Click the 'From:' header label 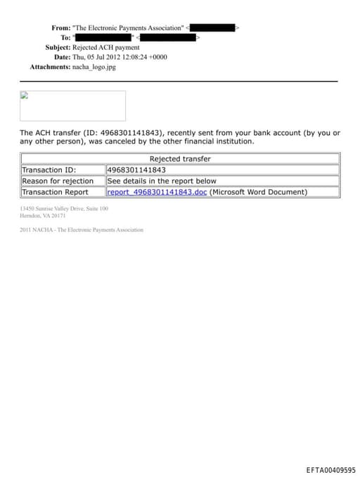click(x=60, y=27)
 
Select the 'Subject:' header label click(x=58, y=47)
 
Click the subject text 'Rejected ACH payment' click(x=106, y=47)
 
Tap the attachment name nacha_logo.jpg click(x=94, y=67)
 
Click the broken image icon click(x=24, y=96)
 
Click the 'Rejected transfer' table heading click(x=180, y=159)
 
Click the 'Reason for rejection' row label click(x=58, y=181)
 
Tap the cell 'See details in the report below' click(x=162, y=181)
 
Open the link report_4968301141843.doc click(x=157, y=192)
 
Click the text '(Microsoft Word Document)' click(x=259, y=192)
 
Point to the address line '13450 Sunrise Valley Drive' click(x=64, y=209)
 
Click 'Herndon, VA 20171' click(x=43, y=216)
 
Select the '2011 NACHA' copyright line click(x=82, y=230)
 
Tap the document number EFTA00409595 click(x=330, y=470)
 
